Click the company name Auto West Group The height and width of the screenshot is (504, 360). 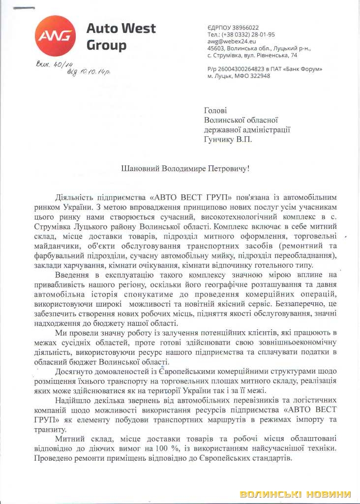coord(121,36)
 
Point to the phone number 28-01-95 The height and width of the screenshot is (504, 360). coord(263,34)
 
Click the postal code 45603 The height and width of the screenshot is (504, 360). coord(216,49)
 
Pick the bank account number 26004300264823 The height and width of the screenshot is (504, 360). coord(243,69)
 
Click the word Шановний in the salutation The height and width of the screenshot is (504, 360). coord(141,168)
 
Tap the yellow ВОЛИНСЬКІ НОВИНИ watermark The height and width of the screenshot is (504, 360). coord(295,494)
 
